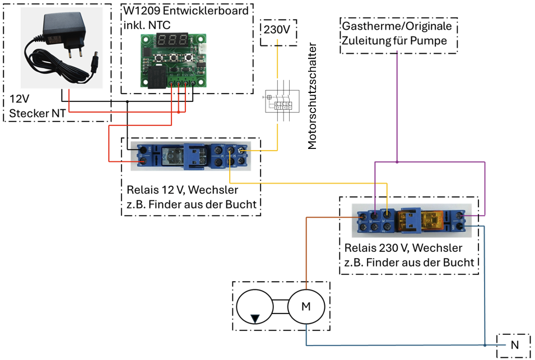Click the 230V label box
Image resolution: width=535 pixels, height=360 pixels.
click(x=277, y=30)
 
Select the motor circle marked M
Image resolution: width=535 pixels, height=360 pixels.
click(x=305, y=306)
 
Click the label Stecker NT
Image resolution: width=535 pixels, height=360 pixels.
click(x=37, y=114)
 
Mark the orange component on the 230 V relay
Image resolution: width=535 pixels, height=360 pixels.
click(x=431, y=219)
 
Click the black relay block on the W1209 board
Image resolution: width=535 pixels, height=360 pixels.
click(x=156, y=77)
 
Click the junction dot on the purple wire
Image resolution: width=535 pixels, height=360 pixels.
click(x=397, y=162)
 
